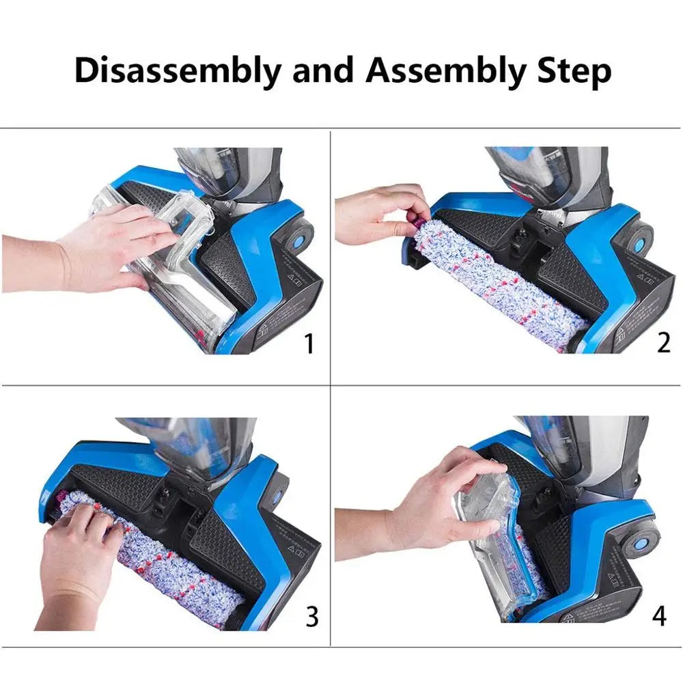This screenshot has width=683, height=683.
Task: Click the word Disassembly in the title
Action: click(x=177, y=70)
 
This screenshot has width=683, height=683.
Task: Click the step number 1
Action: click(x=309, y=344)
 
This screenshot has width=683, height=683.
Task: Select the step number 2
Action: click(x=663, y=342)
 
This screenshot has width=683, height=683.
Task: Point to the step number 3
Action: click(x=311, y=616)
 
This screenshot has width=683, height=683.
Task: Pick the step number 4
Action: click(x=658, y=615)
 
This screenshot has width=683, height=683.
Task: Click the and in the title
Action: click(x=322, y=70)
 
